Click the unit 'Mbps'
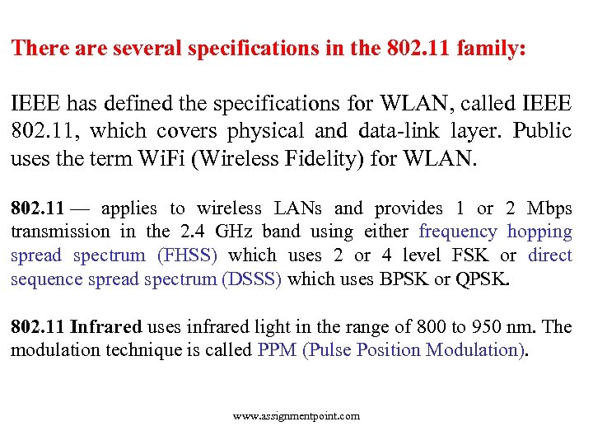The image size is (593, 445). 549,208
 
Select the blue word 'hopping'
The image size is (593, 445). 539,232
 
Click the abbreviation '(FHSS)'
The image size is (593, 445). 187,255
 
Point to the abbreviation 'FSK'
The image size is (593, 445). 470,255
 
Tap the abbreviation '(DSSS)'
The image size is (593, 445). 252,279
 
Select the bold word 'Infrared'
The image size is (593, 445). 106,326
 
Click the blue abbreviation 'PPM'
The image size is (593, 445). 278,349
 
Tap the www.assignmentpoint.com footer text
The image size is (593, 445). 296,416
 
